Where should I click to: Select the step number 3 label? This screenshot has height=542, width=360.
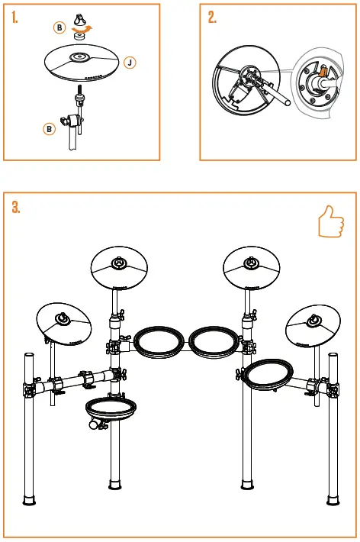point(17,207)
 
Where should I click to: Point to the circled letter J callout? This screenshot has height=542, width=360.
point(130,63)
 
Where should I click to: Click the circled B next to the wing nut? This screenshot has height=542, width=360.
point(60,27)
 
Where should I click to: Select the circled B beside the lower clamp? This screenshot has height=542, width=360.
point(49,129)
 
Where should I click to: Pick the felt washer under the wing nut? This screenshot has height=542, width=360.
point(78,34)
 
